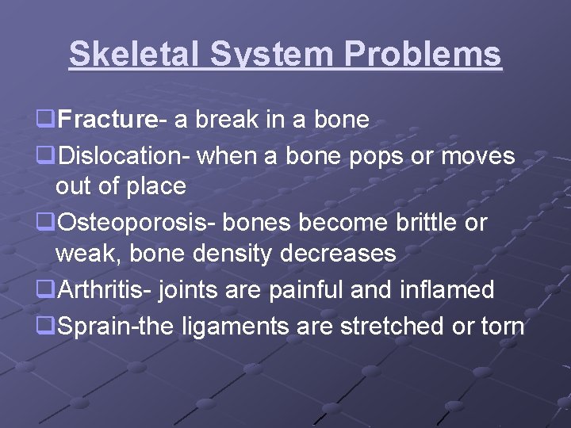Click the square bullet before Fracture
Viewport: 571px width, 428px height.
point(46,120)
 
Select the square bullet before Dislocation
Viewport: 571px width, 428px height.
point(46,157)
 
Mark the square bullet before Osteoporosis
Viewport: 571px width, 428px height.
point(46,224)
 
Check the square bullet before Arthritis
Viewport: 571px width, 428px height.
point(46,291)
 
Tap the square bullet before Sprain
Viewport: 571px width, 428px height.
point(46,326)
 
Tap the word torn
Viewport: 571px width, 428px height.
point(500,326)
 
